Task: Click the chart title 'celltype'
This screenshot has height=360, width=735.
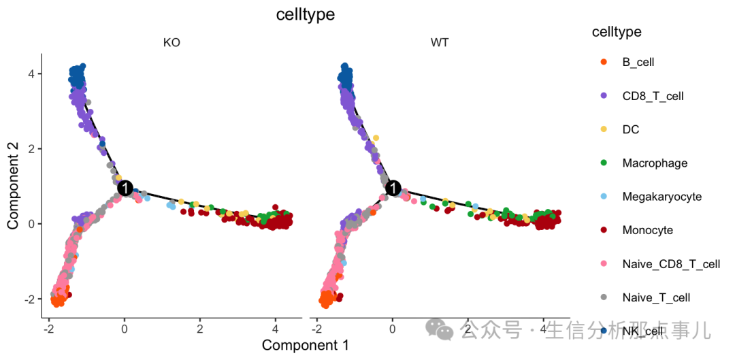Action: point(306,14)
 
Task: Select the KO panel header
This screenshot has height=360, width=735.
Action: point(171,43)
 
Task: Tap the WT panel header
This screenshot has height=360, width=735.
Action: point(440,43)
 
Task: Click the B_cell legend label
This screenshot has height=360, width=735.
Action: point(638,62)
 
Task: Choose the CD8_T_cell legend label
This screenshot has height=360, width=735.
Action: point(653,96)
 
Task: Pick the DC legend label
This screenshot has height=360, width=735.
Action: point(631,129)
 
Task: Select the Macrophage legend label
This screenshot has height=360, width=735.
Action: point(655,163)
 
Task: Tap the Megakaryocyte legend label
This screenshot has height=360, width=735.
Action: point(661,197)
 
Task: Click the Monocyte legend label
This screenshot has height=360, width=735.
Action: point(647,230)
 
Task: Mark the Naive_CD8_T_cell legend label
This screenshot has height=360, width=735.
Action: point(671,264)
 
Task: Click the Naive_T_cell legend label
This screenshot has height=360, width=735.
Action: point(656,297)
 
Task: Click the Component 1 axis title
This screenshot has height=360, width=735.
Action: point(306,345)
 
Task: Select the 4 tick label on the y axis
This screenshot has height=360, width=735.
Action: point(31,73)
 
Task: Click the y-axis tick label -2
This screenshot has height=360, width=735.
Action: point(29,299)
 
